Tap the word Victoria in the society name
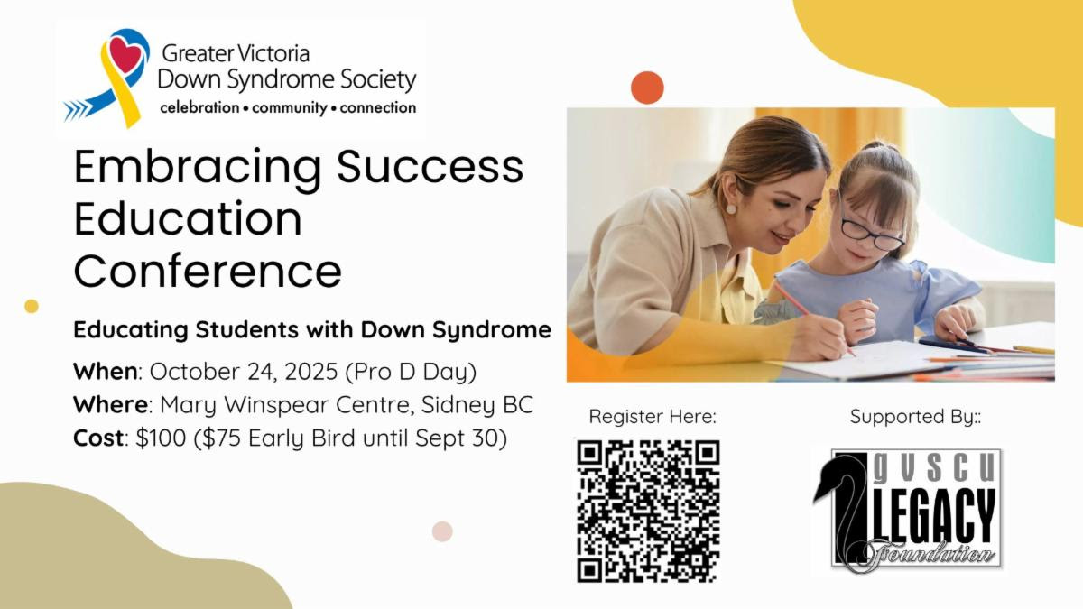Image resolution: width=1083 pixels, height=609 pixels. pos(274,53)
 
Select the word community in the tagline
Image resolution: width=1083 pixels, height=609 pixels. pos(289,107)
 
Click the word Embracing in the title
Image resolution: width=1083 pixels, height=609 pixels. pos(198,168)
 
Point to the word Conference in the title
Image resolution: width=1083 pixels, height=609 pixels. pos(208,272)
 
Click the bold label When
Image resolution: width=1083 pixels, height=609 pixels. pos(106,371)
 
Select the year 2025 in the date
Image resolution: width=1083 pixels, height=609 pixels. pos(311,371)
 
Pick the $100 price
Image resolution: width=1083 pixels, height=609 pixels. pos(161,438)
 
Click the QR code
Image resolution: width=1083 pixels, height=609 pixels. pos(648,511)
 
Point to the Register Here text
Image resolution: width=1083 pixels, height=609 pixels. pos(653,416)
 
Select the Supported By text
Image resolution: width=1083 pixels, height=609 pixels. pos(915,416)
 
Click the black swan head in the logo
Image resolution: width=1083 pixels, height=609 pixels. pos(830,477)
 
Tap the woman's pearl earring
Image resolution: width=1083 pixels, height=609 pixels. pos(731,209)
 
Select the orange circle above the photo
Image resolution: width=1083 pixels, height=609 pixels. pos(647,88)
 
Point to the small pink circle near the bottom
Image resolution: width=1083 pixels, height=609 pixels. pos(442,531)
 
